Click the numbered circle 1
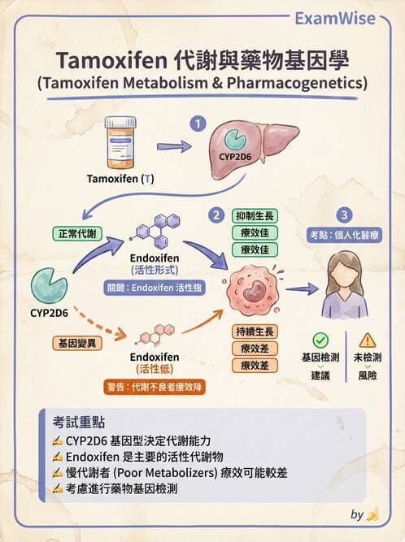[195, 124]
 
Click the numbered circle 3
[346, 215]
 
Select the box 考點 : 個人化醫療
[346, 234]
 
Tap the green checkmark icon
[320, 340]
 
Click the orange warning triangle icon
[368, 340]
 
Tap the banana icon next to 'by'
[372, 514]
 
